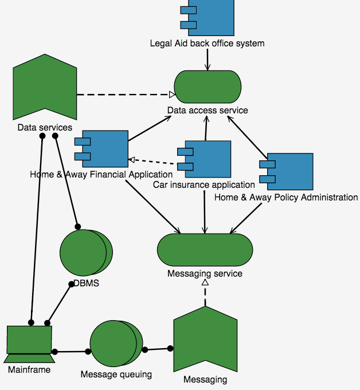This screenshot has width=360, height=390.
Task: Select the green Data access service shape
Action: pyautogui.click(x=207, y=87)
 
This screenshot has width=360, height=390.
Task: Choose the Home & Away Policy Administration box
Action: pyautogui.click(x=289, y=171)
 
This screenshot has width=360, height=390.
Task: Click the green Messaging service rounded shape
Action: pyautogui.click(x=205, y=250)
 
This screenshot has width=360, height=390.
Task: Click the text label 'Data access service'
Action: pyautogui.click(x=208, y=110)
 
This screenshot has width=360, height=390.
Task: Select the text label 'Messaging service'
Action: pyautogui.click(x=205, y=274)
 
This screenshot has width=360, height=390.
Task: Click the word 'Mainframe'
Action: pyautogui.click(x=29, y=370)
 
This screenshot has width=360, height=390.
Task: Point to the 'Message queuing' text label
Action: pyautogui.click(x=116, y=375)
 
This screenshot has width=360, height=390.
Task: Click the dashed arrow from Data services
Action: pyautogui.click(x=123, y=94)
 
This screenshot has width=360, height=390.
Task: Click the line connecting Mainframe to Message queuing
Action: pyautogui.click(x=72, y=351)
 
